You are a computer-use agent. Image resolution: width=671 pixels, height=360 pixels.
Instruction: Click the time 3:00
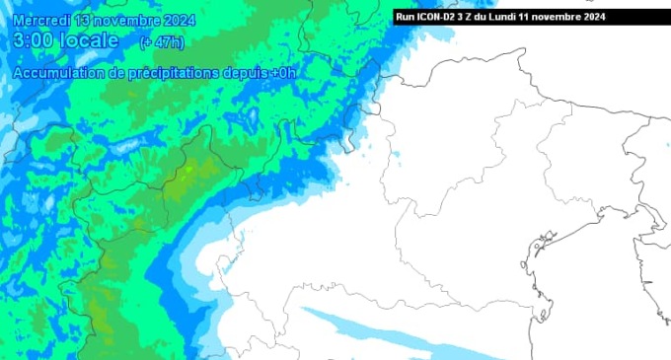36,40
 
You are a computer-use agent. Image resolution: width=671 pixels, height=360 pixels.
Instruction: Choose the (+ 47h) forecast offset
161,41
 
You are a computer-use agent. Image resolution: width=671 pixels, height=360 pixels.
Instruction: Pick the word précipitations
178,74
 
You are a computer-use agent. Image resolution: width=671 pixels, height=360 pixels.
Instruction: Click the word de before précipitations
117,74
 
